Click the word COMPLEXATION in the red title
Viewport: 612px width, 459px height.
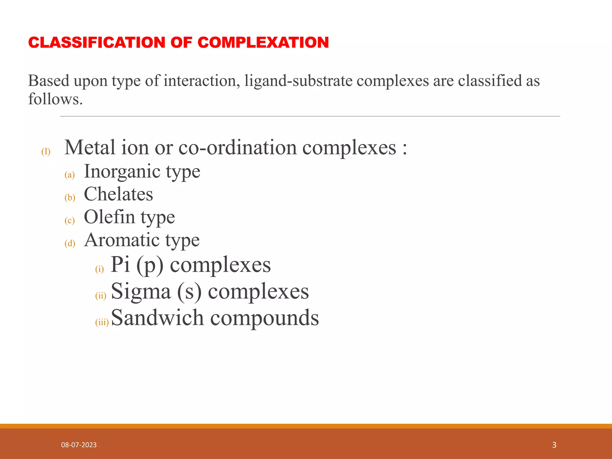[263, 42]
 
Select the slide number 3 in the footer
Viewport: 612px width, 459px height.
[554, 445]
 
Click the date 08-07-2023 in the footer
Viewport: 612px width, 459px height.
[79, 445]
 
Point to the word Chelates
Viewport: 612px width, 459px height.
[118, 194]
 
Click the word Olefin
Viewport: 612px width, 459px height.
[109, 217]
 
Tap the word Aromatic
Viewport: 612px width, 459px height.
[121, 240]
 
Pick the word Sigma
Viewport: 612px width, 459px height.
[141, 291]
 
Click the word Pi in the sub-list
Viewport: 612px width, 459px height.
[120, 264]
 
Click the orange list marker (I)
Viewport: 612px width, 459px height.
[46, 152]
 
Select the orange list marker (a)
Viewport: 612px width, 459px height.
[70, 175]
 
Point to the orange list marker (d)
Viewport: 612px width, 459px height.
[70, 243]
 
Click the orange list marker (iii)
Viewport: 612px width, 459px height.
[102, 322]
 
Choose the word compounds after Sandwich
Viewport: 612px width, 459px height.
[264, 318]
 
